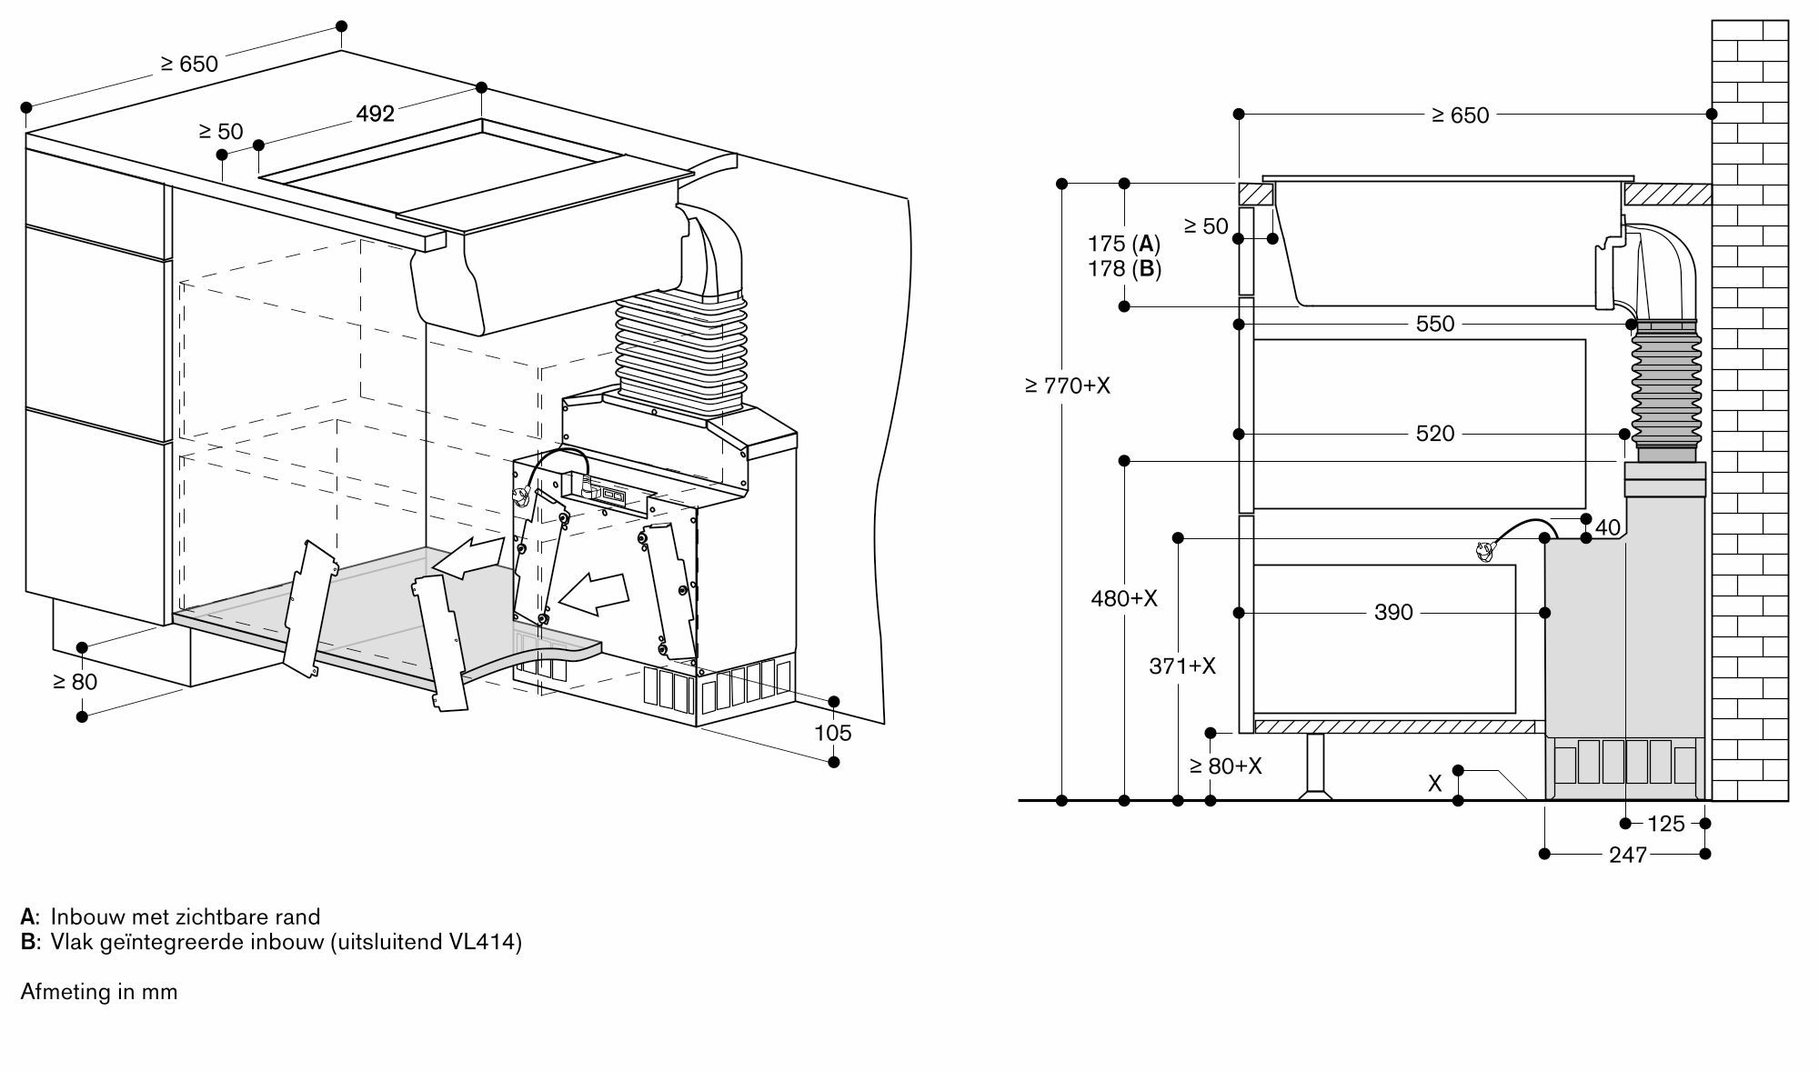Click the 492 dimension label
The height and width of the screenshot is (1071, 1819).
tap(375, 114)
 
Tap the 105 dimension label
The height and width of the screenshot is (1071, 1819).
tap(833, 733)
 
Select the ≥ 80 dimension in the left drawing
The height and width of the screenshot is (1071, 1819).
tap(75, 682)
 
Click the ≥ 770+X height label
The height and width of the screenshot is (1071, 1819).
tap(1068, 385)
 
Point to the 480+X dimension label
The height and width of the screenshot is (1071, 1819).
tap(1124, 598)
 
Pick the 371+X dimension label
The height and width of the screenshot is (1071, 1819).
tap(1182, 666)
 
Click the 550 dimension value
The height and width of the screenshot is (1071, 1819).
tap(1435, 324)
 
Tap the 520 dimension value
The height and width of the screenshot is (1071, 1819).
tap(1435, 434)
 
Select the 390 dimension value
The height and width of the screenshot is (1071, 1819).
tap(1393, 613)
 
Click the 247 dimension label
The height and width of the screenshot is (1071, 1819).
tap(1628, 855)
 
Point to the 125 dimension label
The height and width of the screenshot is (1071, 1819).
tap(1666, 824)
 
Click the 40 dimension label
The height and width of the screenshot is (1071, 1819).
tap(1608, 527)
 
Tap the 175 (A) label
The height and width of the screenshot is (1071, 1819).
tap(1124, 244)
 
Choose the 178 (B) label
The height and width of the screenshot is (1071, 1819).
tap(1124, 269)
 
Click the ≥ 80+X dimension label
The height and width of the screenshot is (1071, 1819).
tap(1226, 766)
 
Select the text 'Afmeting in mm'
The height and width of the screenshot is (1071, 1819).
tap(99, 991)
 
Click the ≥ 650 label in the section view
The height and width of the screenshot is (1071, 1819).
tap(1461, 115)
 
